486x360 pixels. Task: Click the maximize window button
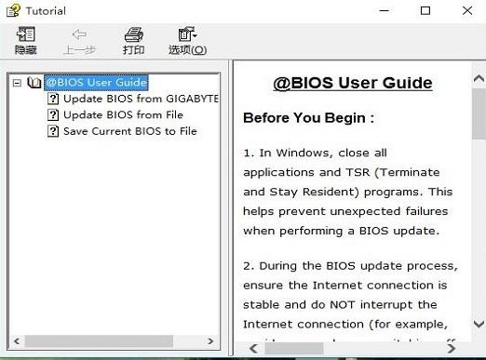[425, 10]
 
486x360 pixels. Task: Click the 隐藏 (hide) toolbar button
[25, 41]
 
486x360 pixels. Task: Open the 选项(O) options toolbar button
[187, 41]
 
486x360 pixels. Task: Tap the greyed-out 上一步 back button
[79, 41]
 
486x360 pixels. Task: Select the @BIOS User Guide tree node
[96, 82]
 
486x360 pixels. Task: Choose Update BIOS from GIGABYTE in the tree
[140, 99]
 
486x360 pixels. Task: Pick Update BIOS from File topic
[122, 115]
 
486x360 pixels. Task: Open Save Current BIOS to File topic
[129, 131]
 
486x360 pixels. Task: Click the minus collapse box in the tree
[17, 82]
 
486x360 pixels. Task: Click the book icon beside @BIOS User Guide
[34, 82]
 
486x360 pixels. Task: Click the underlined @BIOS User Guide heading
[352, 83]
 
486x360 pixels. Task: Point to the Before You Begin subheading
[308, 118]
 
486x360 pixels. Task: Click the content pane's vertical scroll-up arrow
[478, 70]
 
